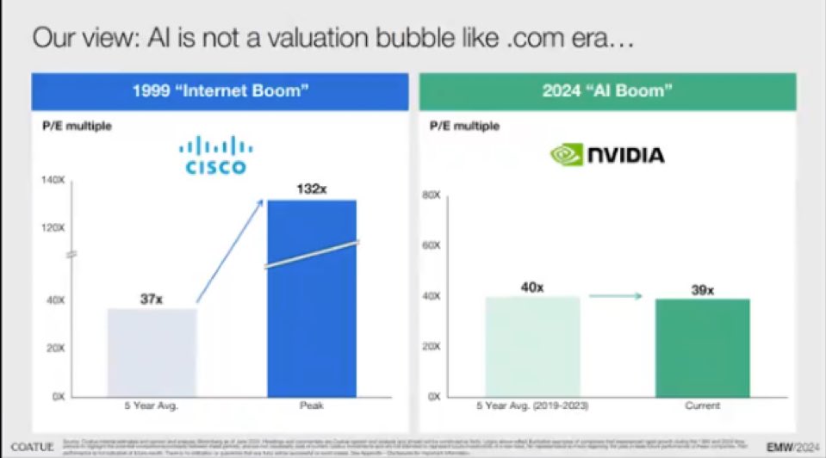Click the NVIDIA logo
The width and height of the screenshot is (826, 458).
point(607,155)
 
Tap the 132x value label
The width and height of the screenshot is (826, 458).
point(311,189)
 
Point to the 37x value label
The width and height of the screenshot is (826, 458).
point(152,299)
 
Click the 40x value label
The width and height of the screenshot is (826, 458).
point(531,288)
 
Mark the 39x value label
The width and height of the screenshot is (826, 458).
point(702,290)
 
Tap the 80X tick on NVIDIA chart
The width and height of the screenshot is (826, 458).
point(432,195)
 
